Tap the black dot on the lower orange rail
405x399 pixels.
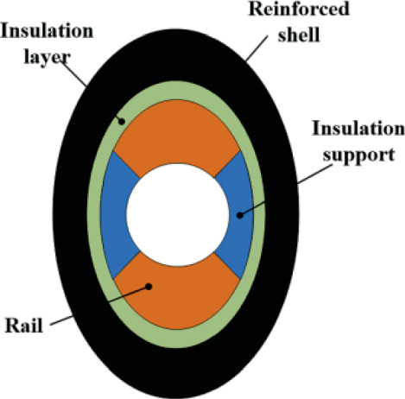149,286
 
